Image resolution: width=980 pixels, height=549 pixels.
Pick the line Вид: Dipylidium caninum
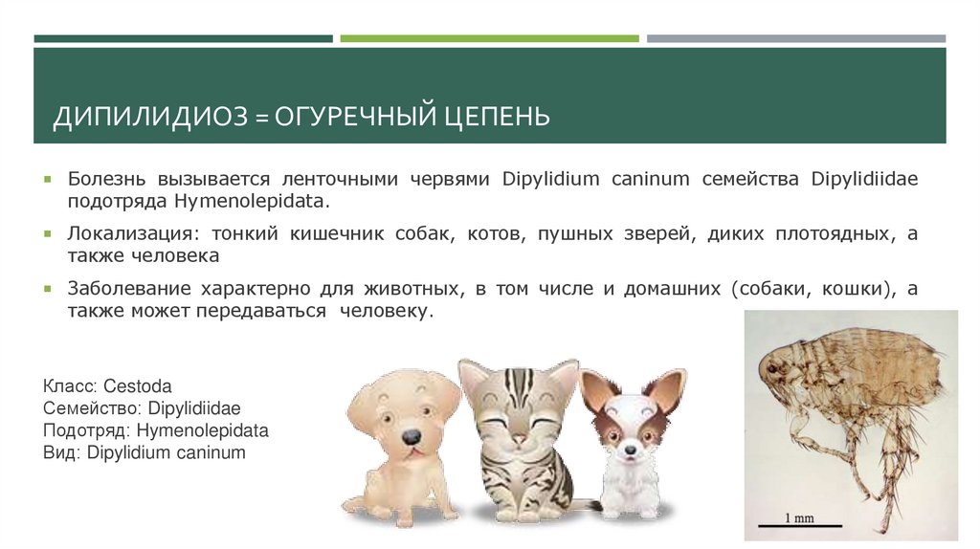click(144, 452)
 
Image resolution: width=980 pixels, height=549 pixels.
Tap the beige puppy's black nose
click(411, 436)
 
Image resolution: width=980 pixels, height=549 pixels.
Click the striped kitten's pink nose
click(519, 438)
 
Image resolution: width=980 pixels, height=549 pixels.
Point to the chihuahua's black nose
click(630, 450)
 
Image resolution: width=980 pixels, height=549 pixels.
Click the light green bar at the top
click(489, 38)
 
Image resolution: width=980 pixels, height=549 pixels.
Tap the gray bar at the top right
click(795, 38)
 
